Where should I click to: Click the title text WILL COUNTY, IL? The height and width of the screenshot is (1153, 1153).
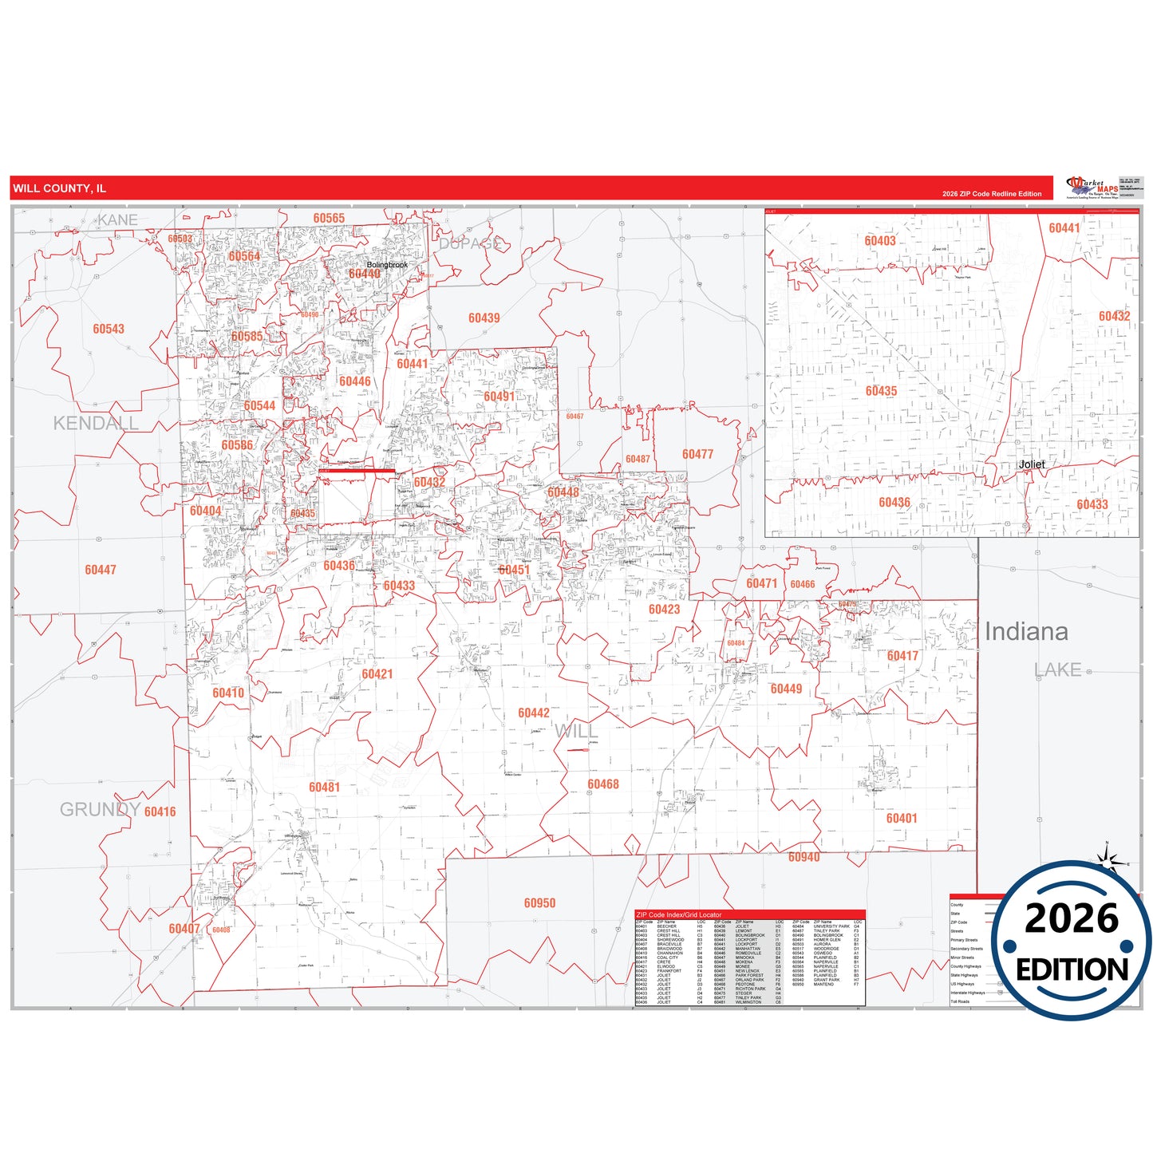pos(59,188)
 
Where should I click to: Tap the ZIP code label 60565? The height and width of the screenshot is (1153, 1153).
pos(329,219)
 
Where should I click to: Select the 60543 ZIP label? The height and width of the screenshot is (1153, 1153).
pos(109,329)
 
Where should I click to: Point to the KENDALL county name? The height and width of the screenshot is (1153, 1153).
pos(96,423)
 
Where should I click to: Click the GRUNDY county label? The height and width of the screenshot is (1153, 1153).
pos(100,810)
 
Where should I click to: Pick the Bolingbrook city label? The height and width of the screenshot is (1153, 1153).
pos(387,265)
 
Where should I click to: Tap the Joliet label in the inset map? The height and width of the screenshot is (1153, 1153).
pos(1031,464)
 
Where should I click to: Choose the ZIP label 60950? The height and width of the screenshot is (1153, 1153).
pos(539,903)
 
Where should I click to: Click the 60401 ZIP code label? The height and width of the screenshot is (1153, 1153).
pos(902,818)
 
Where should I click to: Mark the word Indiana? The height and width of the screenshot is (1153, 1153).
pos(1026,631)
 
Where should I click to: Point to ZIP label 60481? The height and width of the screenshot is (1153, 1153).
pos(324,788)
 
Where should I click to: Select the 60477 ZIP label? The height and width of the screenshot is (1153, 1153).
pos(697,454)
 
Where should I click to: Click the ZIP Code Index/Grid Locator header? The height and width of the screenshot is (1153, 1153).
pos(678,914)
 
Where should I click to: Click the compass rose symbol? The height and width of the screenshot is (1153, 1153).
pos(1108,859)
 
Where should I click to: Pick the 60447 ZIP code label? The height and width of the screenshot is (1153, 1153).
pos(101,570)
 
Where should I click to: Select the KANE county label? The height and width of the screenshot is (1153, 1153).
pos(117,219)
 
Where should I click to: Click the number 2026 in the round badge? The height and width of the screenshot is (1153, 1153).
pos(1072,918)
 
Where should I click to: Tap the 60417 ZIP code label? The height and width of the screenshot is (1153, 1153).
pos(902,656)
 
